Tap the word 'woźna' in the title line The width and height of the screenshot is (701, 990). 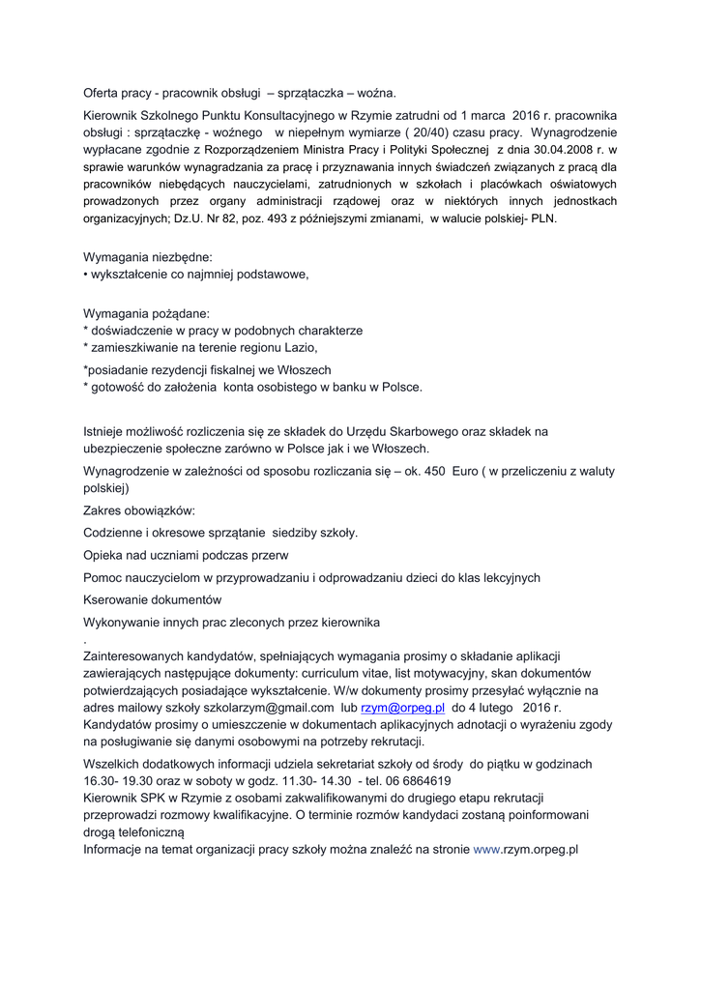pos(379,94)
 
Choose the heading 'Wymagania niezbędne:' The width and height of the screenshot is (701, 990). pos(148,257)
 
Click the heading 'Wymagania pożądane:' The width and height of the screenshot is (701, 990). pos(146,313)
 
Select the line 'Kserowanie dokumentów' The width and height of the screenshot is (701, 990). pos(153,599)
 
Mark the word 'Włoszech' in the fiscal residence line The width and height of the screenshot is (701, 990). pos(303,369)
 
